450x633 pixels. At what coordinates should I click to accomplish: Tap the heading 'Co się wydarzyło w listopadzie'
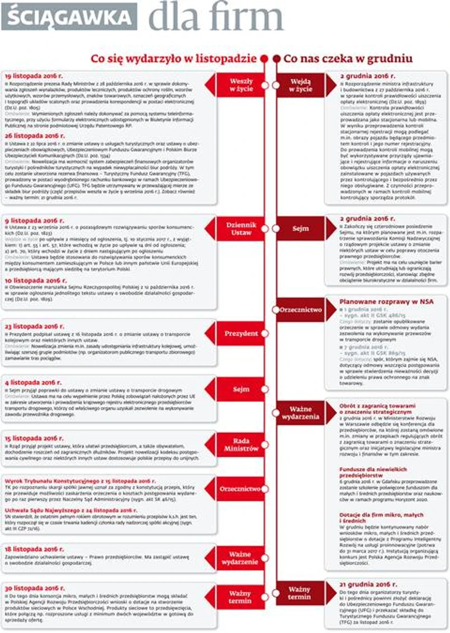tap(174, 58)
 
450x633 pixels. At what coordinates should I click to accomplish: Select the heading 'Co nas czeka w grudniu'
tap(348, 58)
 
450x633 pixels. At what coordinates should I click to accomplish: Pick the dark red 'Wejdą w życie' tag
tap(302, 85)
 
